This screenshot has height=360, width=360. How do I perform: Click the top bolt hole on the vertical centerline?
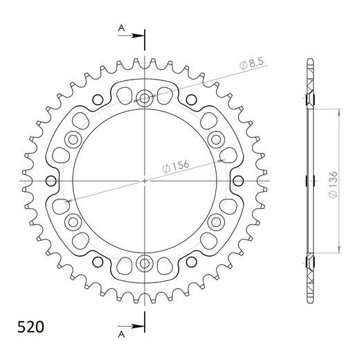coord(145,98)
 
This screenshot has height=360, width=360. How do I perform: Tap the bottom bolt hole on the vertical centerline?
coord(145,262)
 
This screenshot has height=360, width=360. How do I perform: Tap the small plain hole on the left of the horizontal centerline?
coord(50,181)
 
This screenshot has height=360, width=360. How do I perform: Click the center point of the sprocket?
coord(145,181)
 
